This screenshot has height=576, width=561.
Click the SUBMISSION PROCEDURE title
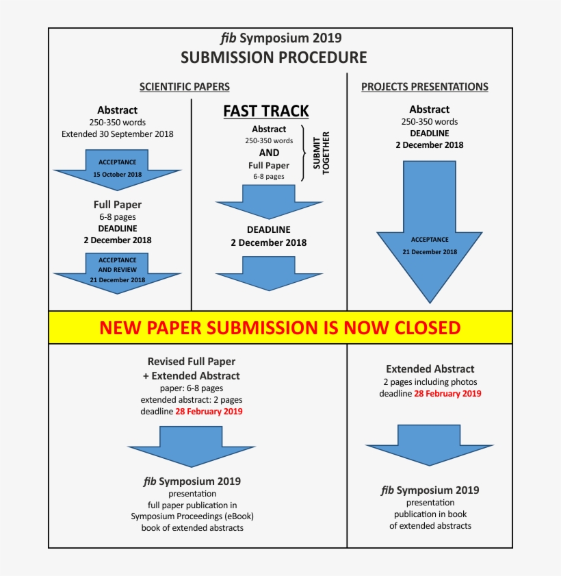click(274, 58)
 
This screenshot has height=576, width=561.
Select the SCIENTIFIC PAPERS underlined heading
click(184, 87)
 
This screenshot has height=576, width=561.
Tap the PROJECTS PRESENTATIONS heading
click(425, 87)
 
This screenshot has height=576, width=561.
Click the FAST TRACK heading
click(266, 111)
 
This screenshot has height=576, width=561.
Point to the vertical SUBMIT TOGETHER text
click(322, 152)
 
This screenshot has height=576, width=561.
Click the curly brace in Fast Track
click(305, 152)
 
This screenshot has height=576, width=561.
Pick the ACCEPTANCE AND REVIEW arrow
click(117, 271)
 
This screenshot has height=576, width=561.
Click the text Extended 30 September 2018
click(117, 134)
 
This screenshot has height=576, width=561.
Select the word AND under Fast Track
click(269, 153)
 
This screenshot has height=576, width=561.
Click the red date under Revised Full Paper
click(209, 412)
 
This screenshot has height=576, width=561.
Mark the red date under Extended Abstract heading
click(447, 394)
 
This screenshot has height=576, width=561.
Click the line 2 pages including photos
click(430, 381)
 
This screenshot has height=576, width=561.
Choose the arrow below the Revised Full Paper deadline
click(191, 446)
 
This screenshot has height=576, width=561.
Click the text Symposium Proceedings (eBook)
click(197, 516)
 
